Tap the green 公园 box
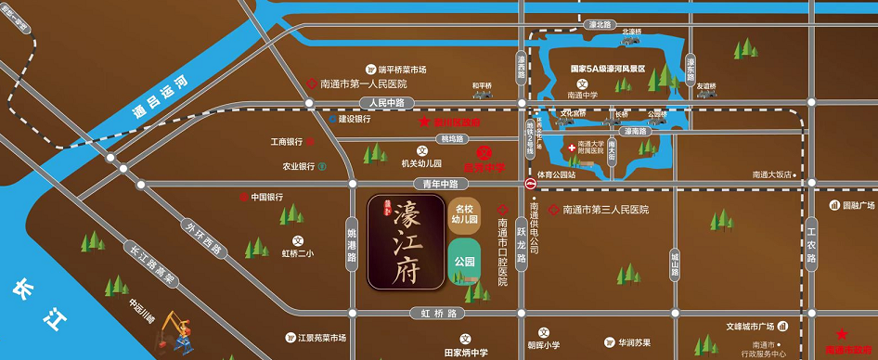click(465, 261)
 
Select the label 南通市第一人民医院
click(363, 84)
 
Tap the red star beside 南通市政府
click(841, 334)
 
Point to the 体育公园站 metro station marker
click(530, 185)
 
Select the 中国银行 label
click(266, 197)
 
